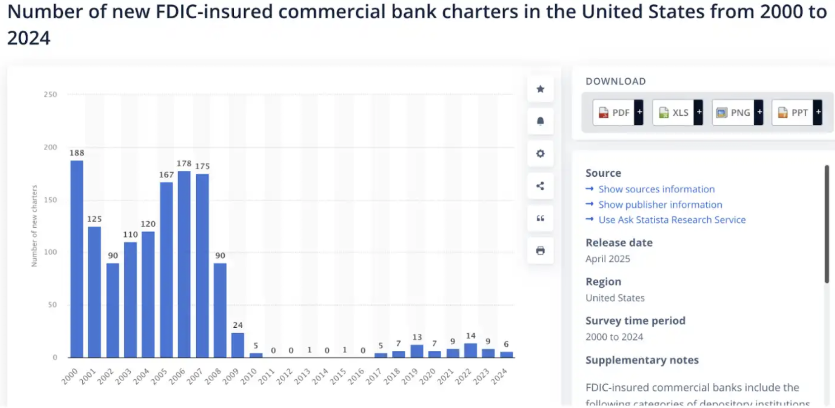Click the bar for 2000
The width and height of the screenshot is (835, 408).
click(77, 258)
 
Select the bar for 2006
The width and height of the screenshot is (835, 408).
click(184, 264)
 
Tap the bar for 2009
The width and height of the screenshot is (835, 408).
click(238, 345)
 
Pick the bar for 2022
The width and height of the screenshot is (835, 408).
click(470, 351)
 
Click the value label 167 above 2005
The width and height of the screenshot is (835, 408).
click(166, 175)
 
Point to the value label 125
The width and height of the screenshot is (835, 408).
click(95, 219)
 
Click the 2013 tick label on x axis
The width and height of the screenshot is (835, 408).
click(302, 377)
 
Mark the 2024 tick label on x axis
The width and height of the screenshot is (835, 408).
click(499, 377)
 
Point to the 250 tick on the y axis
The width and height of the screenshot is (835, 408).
click(51, 95)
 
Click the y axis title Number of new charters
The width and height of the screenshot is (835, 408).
click(34, 226)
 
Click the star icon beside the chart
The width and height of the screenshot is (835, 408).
click(540, 89)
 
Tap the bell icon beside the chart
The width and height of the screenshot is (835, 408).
click(540, 121)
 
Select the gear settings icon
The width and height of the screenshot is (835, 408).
click(540, 153)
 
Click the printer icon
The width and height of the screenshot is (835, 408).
click(540, 251)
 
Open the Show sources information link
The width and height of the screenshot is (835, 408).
click(656, 189)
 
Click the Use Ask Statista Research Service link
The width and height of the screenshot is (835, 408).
click(672, 220)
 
